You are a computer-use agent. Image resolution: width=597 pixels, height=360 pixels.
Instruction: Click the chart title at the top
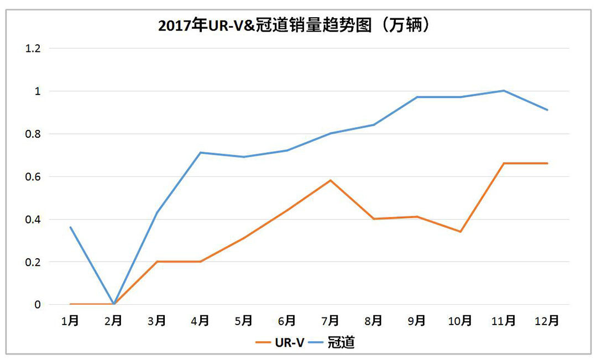294,25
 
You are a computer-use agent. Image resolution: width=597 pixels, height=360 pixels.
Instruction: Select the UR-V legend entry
280,342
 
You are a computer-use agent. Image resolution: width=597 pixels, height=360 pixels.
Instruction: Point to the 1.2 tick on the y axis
34,49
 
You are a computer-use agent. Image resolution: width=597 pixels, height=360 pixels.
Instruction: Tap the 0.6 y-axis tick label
34,177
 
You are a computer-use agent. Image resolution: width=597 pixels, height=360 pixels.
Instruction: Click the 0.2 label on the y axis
34,262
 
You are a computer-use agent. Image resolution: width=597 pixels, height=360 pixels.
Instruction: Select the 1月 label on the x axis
70,321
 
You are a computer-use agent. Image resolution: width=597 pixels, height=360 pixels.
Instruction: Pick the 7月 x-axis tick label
330,321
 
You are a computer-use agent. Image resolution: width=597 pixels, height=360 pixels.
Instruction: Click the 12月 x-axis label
547,321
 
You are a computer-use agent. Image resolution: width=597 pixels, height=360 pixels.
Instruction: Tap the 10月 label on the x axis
460,321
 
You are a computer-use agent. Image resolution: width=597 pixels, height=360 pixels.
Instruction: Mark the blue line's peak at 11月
504,91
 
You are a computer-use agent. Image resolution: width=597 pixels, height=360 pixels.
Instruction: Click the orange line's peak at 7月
330,180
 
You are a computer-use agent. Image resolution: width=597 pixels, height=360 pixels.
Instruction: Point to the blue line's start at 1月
70,227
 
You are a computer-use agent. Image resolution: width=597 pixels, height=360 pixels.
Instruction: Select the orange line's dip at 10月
460,232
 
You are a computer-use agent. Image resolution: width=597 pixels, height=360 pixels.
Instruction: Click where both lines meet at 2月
113,304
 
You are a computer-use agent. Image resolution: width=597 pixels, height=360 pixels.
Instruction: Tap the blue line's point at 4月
200,153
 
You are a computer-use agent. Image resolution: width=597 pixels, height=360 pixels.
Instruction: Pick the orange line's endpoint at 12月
547,163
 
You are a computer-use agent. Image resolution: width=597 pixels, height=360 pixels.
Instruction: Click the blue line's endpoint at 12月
547,110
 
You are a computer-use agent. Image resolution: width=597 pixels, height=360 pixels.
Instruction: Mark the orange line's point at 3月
157,262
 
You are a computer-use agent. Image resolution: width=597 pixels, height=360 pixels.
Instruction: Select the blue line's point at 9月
417,97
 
